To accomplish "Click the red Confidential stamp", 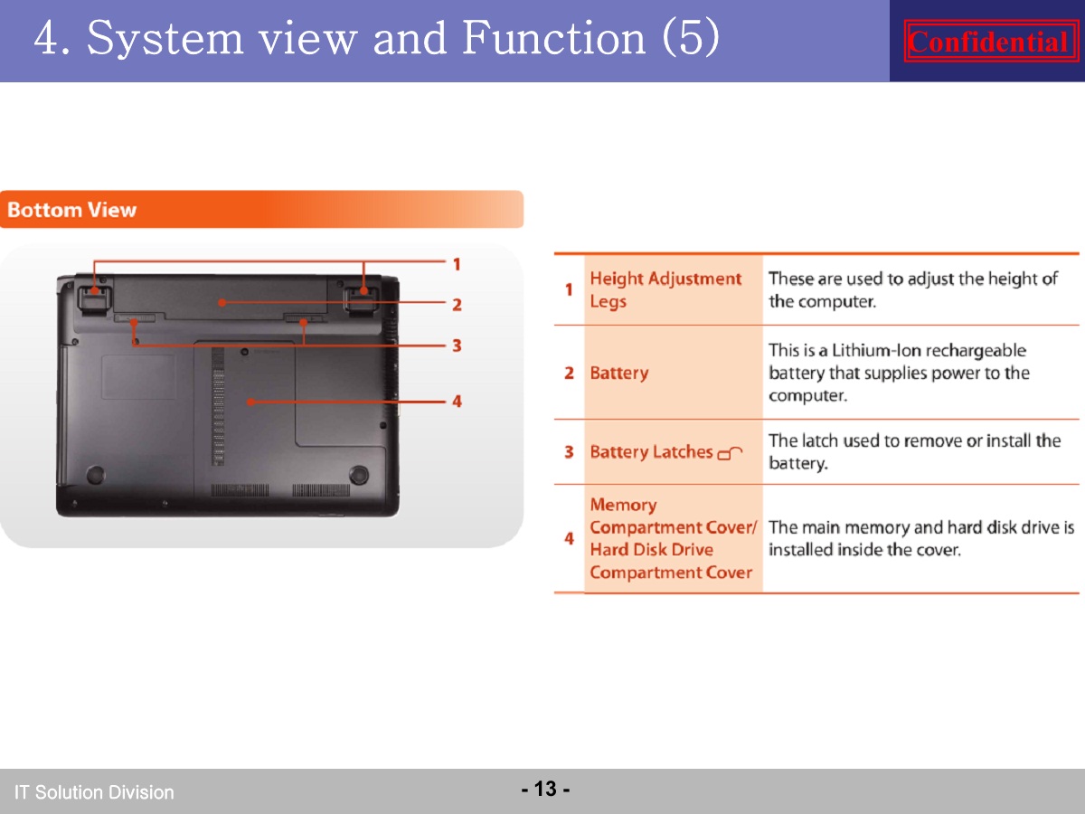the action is pos(991,41).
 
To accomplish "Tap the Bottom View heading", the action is pos(71,210).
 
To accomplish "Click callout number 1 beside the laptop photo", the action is pos(457,264).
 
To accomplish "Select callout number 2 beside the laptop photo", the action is pos(457,305).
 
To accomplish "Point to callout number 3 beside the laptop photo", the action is pos(457,345).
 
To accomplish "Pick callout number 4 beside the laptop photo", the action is pos(457,401).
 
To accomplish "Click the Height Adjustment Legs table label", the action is pos(665,289).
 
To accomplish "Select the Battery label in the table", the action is pos(618,373).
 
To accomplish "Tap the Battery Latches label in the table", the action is pos(651,451).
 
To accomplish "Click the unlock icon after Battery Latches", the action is pos(730,453).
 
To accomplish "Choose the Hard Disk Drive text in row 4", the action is pos(652,550).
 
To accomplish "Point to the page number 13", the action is pos(545,789).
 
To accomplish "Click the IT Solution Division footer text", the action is pos(94,792).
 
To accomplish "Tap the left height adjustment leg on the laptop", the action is pos(94,298).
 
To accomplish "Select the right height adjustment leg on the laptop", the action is pos(362,298).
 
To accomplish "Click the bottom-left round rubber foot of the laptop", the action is pos(96,475).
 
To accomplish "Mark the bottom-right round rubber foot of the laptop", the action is pos(358,475).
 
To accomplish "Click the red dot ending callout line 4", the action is pos(251,402).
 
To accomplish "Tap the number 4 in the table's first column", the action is pos(570,538).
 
